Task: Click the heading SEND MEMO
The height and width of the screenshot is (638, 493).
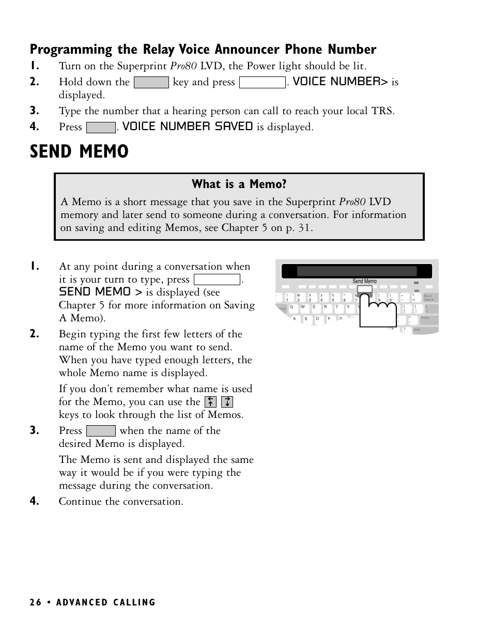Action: click(79, 151)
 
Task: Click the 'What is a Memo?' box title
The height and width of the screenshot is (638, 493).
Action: click(239, 184)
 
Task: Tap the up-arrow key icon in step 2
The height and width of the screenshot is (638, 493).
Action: click(210, 402)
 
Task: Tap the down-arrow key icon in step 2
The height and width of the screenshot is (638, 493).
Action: click(227, 402)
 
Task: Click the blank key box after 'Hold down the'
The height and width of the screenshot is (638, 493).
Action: click(151, 82)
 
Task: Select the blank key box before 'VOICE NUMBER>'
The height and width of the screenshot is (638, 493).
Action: click(263, 82)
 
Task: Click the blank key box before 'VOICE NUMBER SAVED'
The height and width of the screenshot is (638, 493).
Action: click(101, 127)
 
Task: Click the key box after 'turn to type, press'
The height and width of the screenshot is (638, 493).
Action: click(217, 279)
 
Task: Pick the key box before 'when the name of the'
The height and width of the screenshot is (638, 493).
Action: click(101, 431)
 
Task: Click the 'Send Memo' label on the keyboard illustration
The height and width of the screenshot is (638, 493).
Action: click(364, 281)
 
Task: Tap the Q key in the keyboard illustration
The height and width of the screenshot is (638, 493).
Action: click(291, 307)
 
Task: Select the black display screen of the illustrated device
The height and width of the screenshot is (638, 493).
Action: click(357, 271)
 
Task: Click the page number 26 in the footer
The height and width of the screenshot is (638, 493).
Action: click(35, 602)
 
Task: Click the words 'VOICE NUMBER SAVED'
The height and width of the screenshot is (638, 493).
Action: click(188, 127)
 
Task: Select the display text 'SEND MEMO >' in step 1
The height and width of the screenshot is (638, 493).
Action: click(100, 292)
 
